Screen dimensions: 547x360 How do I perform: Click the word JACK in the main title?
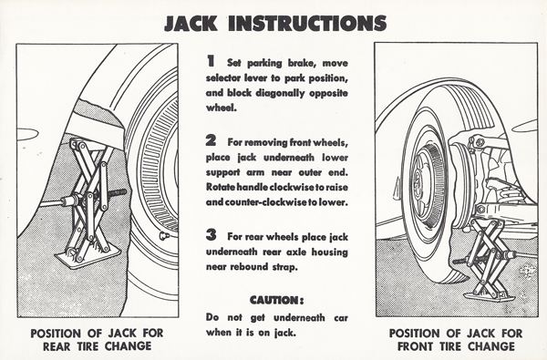pos(191,24)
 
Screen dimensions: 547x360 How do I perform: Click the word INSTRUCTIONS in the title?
pos(307,24)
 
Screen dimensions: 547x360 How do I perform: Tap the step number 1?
pos(211,61)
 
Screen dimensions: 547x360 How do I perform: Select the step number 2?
pos(211,140)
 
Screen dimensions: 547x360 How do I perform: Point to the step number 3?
pos(211,235)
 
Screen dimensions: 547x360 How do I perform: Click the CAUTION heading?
pos(276,300)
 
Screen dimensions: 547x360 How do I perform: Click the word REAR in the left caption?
pos(57,346)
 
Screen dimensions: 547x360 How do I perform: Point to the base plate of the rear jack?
pos(88,257)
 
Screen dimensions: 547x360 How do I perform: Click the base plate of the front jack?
pos(489,297)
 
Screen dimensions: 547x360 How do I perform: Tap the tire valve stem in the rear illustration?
pos(165,236)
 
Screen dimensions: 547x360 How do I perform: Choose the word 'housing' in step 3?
pos(329,252)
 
